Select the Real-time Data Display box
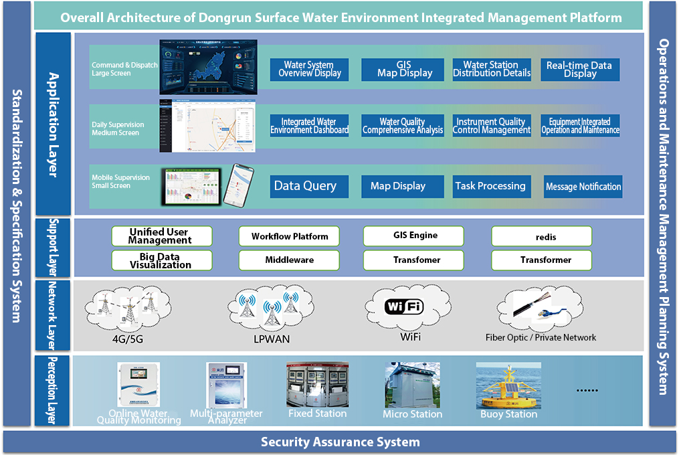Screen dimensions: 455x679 click(x=579, y=70)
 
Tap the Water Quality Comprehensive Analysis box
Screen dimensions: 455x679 click(x=403, y=126)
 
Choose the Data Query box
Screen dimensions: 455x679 click(x=305, y=186)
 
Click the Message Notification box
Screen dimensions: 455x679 click(x=583, y=187)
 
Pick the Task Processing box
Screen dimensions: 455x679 click(x=491, y=186)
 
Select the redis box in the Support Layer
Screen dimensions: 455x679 click(x=541, y=236)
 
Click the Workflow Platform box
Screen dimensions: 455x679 click(x=289, y=236)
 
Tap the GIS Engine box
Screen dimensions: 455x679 click(x=413, y=236)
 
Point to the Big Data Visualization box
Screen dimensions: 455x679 click(x=161, y=260)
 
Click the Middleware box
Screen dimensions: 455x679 click(x=289, y=260)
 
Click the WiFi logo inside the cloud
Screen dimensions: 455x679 click(x=405, y=307)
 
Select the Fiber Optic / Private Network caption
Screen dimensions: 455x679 click(x=541, y=337)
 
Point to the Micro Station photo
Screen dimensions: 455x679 click(x=412, y=385)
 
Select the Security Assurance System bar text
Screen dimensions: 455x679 click(x=340, y=442)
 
